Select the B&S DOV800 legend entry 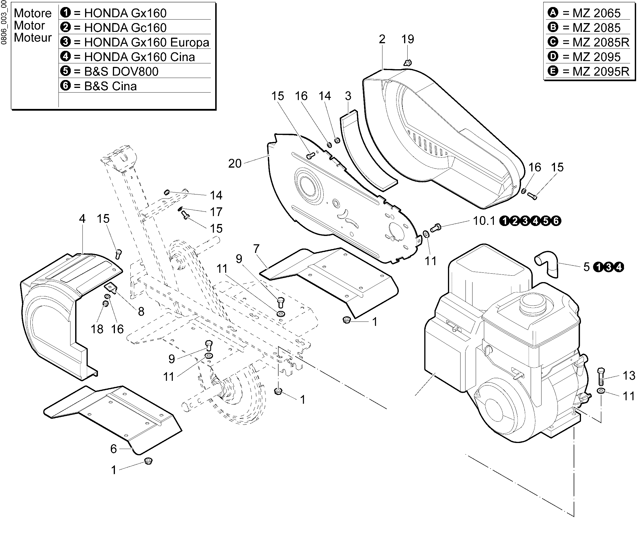[x=110, y=71]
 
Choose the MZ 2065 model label [x=584, y=13]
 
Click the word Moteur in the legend [x=33, y=37]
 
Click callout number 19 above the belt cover [x=408, y=39]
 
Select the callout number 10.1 [x=484, y=220]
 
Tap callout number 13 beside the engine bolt [x=629, y=375]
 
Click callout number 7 [x=256, y=249]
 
